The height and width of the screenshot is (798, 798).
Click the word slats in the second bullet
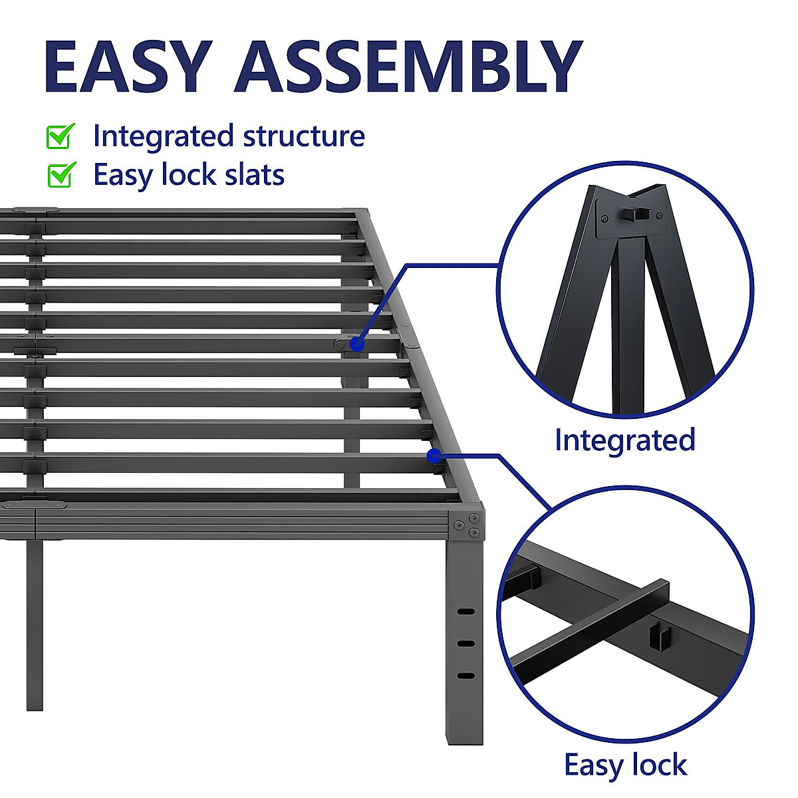click(255, 175)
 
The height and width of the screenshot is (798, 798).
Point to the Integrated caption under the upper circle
click(625, 440)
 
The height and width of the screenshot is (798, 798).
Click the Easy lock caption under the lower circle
click(625, 765)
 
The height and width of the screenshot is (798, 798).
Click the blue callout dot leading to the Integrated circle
click(357, 344)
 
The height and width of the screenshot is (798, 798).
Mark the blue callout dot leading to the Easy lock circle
click(434, 456)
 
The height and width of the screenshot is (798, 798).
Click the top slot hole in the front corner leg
click(466, 611)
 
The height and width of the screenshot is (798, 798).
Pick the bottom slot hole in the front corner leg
click(466, 676)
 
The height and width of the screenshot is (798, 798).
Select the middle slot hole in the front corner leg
click(466, 643)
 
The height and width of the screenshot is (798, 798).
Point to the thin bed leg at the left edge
click(34, 625)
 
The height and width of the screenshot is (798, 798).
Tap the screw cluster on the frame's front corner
click(467, 525)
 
